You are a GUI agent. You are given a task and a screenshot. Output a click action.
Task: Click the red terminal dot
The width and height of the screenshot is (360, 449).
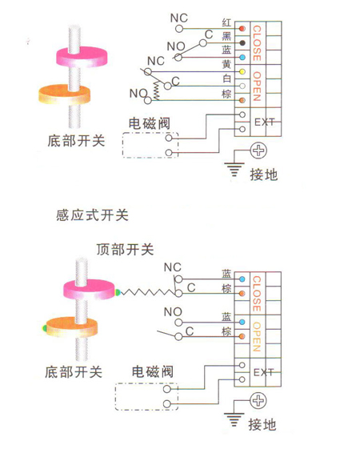pyautogui.click(x=242, y=29)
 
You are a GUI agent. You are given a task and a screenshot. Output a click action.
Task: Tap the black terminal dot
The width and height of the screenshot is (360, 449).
pyautogui.click(x=242, y=43)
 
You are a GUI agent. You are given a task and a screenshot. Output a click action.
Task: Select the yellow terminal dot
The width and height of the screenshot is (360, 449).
pyautogui.click(x=242, y=71)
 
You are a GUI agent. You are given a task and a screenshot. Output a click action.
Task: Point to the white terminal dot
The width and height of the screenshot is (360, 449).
pyautogui.click(x=242, y=86)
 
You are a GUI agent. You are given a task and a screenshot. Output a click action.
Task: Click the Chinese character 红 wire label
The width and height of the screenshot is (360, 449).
pyautogui.click(x=226, y=22)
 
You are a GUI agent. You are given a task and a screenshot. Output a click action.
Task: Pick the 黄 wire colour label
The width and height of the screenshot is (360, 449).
pyautogui.click(x=226, y=64)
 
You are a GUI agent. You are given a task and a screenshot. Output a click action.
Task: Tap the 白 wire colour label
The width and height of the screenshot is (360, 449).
pyautogui.click(x=226, y=78)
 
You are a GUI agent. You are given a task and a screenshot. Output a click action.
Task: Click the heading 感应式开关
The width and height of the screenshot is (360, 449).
pyautogui.click(x=92, y=215)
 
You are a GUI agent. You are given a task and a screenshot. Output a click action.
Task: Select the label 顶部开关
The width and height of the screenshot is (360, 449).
pyautogui.click(x=126, y=250)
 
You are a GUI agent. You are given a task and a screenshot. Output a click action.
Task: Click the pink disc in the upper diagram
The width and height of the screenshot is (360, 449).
pyautogui.click(x=82, y=58)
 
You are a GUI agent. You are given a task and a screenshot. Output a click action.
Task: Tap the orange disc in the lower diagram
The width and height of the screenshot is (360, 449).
pyautogui.click(x=72, y=327)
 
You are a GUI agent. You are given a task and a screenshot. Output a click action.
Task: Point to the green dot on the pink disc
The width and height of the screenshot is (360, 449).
pyautogui.click(x=118, y=293)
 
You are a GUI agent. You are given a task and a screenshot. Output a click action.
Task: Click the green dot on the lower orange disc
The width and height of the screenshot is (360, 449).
pyautogui.click(x=45, y=328)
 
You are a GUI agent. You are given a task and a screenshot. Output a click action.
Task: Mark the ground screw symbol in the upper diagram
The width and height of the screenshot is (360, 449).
pyautogui.click(x=258, y=150)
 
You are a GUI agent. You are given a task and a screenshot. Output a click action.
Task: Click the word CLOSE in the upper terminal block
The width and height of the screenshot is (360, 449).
pyautogui.click(x=257, y=43)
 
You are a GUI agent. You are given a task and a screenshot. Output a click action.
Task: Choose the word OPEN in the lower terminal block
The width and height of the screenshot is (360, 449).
pyautogui.click(x=257, y=337)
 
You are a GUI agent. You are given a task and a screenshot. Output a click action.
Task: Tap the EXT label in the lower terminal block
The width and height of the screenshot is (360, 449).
pyautogui.click(x=264, y=372)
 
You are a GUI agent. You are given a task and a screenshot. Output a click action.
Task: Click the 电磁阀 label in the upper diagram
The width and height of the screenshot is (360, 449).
pyautogui.click(x=150, y=124)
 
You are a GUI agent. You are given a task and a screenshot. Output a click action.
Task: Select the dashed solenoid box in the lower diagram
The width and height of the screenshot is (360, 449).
pyautogui.click(x=147, y=397)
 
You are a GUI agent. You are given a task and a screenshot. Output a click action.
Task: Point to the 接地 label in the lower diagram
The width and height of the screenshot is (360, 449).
pyautogui.click(x=262, y=424)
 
